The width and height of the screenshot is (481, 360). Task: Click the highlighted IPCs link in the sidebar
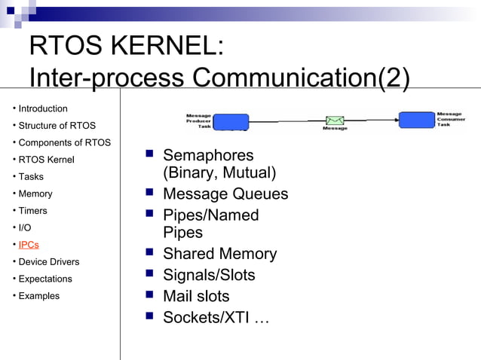coord(29,245)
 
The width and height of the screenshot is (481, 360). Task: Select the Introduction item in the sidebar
coord(42,108)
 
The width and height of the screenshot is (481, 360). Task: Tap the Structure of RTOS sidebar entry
coord(57,126)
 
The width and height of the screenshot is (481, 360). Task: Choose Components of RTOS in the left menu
coord(64,142)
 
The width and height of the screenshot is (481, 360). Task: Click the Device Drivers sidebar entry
coord(48,262)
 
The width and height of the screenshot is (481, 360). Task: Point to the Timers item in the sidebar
coord(32,211)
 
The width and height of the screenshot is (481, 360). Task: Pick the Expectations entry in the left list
coord(45,279)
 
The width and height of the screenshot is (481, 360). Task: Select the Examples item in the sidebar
coord(38,296)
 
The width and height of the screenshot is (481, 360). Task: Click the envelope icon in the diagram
coord(335,121)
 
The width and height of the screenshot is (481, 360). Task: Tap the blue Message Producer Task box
coord(231,121)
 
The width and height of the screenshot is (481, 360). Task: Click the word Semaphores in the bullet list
coord(208,156)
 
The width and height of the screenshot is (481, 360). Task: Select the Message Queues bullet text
coord(225,194)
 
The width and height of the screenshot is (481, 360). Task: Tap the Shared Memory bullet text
coord(219,255)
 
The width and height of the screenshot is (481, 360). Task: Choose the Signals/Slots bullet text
coord(209,276)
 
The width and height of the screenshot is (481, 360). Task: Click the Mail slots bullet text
coord(196,297)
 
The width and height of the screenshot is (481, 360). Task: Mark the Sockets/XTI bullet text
coord(216,318)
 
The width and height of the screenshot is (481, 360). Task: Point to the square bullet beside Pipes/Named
coord(149,215)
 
